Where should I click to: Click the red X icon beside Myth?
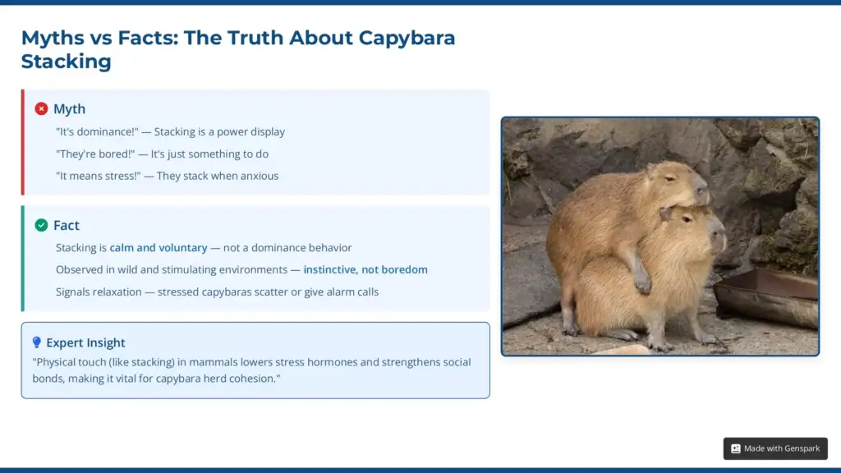point(41,109)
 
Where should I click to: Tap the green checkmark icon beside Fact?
point(41,225)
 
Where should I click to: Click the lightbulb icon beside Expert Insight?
point(36,342)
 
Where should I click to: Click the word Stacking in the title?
point(66,62)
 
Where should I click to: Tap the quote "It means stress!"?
point(99,176)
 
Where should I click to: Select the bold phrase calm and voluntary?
point(158,248)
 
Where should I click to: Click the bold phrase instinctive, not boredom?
point(365,270)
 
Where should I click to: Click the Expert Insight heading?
point(85,342)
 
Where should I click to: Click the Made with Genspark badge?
point(775,448)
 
